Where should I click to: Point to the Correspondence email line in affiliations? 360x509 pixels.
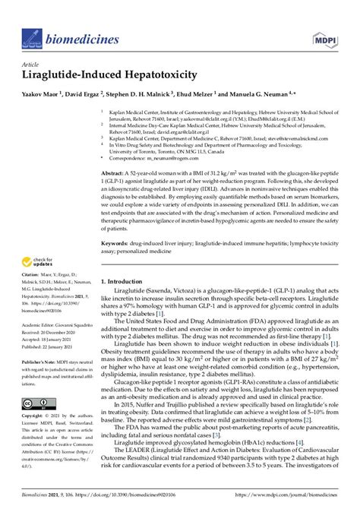(148, 159)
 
